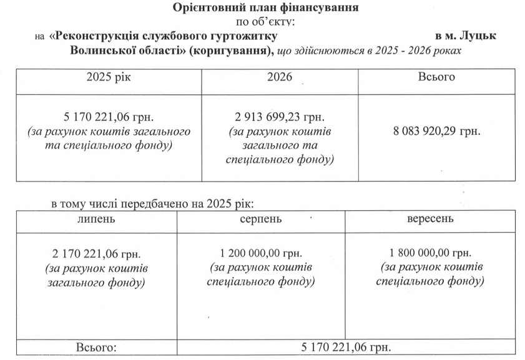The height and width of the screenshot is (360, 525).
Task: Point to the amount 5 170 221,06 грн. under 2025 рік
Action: pyautogui.click(x=109, y=117)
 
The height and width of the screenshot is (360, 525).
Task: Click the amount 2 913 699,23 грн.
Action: pyautogui.click(x=280, y=117)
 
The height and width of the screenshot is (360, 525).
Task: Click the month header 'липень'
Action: pyautogui.click(x=96, y=220)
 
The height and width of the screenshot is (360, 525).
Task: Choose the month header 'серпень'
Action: pyautogui.click(x=261, y=220)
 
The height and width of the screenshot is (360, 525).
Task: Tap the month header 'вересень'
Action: pyautogui.click(x=430, y=220)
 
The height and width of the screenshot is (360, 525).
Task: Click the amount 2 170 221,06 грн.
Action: pyautogui.click(x=96, y=255)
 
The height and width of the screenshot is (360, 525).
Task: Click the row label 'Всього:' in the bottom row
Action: pyautogui.click(x=96, y=347)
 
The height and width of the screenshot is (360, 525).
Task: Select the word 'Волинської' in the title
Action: pyautogui.click(x=101, y=50)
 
